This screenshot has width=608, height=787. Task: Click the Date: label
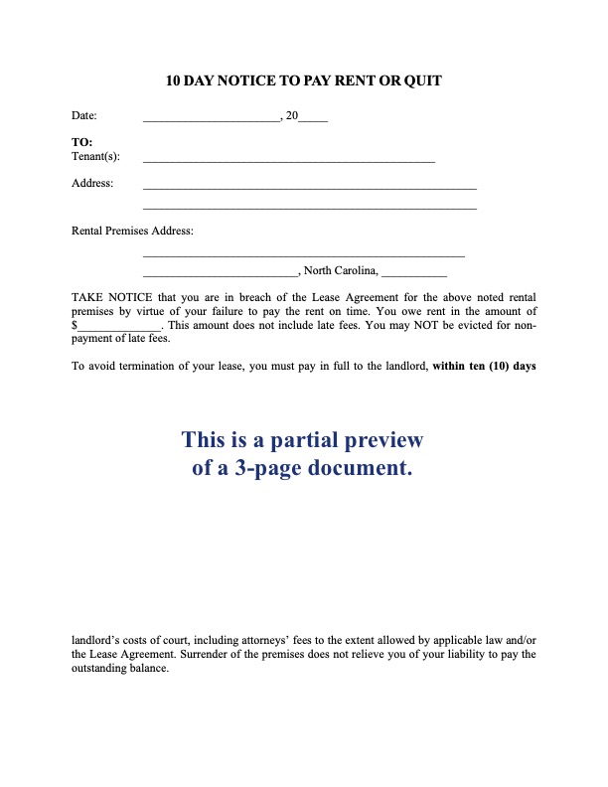(x=84, y=117)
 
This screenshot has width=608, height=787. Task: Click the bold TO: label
(x=82, y=143)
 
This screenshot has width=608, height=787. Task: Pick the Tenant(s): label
(x=95, y=157)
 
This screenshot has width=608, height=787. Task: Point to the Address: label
(x=92, y=183)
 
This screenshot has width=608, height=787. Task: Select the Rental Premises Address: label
(x=133, y=231)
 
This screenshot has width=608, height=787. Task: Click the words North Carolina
(x=340, y=270)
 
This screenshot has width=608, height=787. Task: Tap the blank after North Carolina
(x=413, y=271)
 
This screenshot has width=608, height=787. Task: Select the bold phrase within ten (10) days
(x=484, y=366)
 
